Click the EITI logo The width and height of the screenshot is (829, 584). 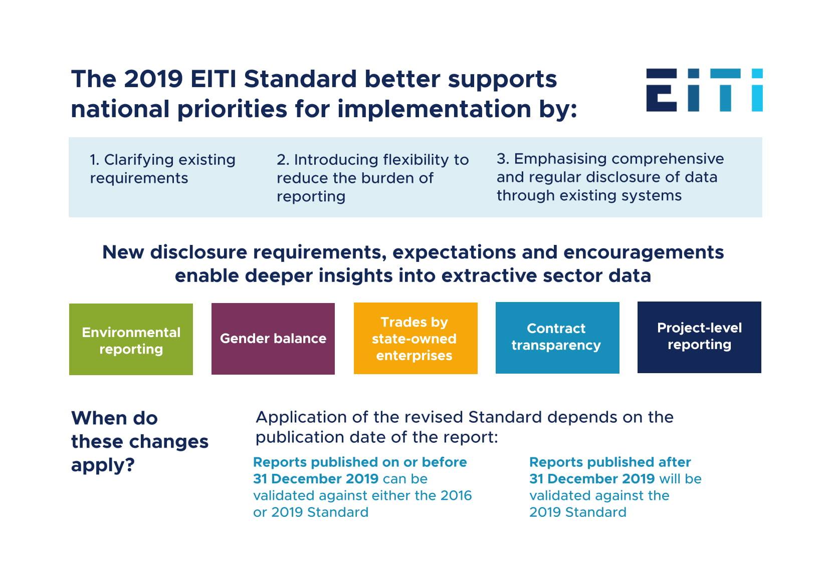coord(704,90)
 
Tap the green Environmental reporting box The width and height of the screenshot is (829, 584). coord(131,339)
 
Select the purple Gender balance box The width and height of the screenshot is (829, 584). coord(273,339)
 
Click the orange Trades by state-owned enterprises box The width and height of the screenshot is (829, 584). coord(416,338)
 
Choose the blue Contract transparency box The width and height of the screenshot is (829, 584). coord(557,338)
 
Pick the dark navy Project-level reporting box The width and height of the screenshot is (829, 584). coord(699,337)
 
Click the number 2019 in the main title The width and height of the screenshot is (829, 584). coord(152,79)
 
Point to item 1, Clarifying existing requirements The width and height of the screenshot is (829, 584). coord(162,169)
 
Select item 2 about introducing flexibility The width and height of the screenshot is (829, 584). coord(372,178)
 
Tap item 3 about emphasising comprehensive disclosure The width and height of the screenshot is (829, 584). coord(610,177)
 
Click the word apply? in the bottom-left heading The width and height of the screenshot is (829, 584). coord(103,465)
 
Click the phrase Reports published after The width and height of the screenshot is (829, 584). coord(610,462)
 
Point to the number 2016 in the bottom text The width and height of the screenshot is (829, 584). coord(456,495)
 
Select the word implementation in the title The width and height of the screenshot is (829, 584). coord(434,109)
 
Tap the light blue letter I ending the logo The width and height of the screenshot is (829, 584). coord(757,90)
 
